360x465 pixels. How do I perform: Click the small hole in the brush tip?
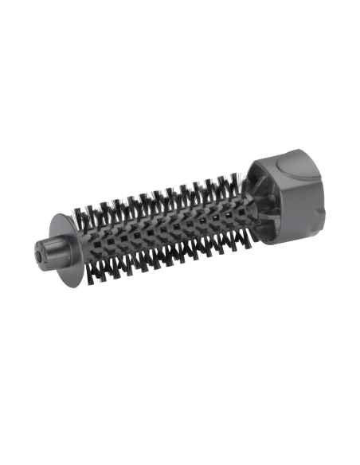coord(38,258)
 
